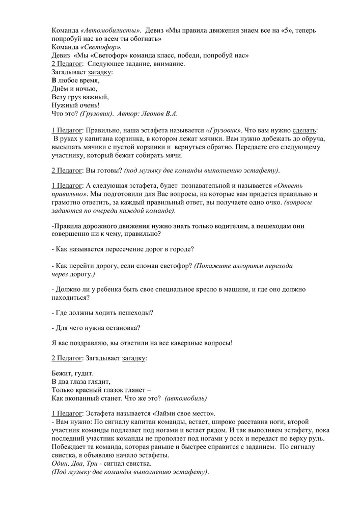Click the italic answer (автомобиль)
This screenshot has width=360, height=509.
coord(186,398)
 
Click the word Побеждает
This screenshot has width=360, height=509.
coord(70,447)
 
